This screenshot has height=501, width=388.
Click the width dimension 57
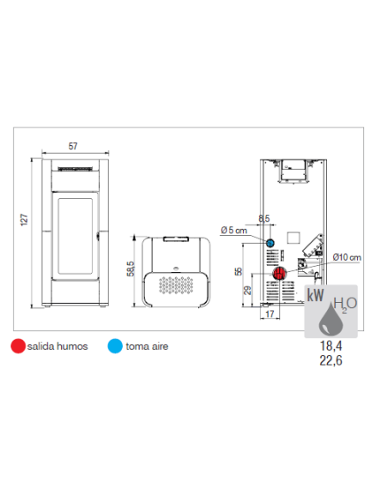[x=73, y=146]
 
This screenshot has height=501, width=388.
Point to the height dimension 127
[x=24, y=220]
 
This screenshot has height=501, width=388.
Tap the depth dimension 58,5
[x=130, y=269]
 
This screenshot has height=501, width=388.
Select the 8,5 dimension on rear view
[x=264, y=219]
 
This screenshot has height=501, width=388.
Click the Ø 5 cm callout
[x=234, y=230]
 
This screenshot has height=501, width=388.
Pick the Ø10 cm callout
[x=347, y=257]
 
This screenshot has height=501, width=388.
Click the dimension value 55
[x=239, y=272]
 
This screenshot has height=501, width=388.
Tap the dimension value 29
[x=247, y=291]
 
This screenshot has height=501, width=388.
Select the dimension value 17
[x=270, y=314]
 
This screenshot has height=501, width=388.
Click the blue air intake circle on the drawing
[x=270, y=243]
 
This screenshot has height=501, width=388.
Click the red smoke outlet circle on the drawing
[x=279, y=274]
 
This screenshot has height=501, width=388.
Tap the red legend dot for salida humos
[x=18, y=346]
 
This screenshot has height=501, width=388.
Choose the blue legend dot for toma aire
[x=115, y=346]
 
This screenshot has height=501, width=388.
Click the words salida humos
[x=58, y=347]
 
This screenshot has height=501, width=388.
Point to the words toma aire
[x=147, y=347]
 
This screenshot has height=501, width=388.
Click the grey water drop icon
[x=330, y=319]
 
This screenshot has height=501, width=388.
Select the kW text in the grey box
[x=315, y=295]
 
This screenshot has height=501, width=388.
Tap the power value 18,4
[x=331, y=346]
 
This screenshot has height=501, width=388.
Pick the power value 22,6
[x=331, y=360]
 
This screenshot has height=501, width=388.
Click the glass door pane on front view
[x=75, y=237]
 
